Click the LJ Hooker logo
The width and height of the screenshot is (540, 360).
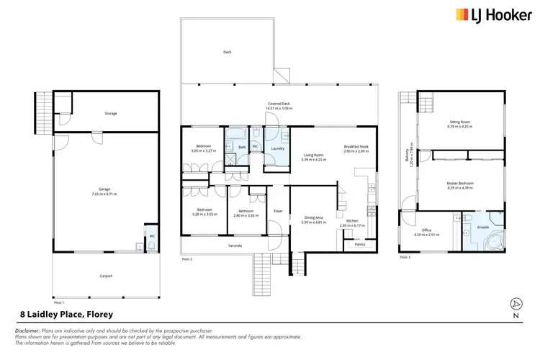point(492,14)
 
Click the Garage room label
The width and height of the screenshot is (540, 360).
point(105,191)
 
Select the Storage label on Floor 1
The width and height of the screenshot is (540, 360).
point(110,114)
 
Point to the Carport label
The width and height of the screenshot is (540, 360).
point(105,276)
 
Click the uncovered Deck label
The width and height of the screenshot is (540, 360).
point(228,52)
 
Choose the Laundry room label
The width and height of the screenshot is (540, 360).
point(277,149)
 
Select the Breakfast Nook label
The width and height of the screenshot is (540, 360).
point(356,147)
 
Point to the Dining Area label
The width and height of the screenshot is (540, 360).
point(313,217)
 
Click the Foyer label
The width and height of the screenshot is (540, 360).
point(278,211)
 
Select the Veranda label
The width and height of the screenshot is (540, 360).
point(235,246)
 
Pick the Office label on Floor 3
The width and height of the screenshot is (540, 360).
point(426,229)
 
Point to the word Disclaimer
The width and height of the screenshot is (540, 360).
point(28,330)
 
